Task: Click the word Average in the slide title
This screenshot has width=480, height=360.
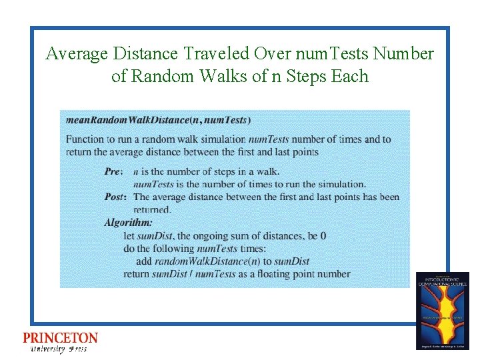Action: (77, 53)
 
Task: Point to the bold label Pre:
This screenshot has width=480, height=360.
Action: (114, 172)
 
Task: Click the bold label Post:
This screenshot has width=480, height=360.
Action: (115, 197)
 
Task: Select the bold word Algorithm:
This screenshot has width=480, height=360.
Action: (129, 222)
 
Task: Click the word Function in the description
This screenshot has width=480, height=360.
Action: (85, 139)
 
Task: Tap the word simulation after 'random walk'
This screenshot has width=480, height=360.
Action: (219, 139)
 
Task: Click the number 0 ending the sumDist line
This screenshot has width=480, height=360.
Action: (323, 235)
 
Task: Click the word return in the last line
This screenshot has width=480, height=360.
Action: (136, 273)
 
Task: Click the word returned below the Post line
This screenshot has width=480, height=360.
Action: (152, 209)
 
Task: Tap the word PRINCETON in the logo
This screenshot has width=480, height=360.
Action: (60, 339)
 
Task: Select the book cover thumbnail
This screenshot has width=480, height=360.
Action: (443, 311)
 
